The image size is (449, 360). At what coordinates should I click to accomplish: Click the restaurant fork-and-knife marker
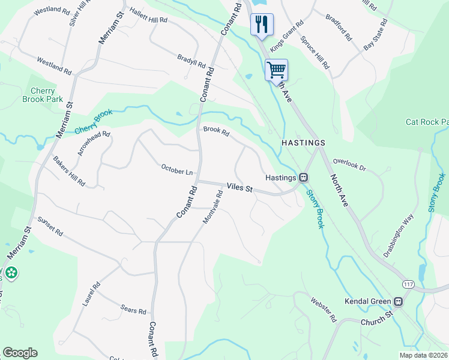click(x=261, y=25)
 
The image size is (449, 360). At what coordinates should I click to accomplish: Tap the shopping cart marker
click(x=276, y=70)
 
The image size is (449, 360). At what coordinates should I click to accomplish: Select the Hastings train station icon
click(x=304, y=178)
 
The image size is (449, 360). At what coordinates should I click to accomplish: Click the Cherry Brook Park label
click(x=38, y=95)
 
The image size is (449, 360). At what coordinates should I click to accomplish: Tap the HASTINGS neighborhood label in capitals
click(x=303, y=143)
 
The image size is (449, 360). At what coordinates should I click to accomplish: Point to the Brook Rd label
click(x=216, y=130)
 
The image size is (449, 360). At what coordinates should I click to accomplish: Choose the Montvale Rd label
click(x=212, y=208)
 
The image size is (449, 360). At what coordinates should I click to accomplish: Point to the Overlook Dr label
click(x=349, y=164)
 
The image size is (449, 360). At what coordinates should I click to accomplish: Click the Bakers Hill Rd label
click(x=68, y=172)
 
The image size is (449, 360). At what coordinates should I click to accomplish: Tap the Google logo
click(x=20, y=353)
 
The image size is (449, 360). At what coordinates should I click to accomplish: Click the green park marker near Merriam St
click(x=11, y=273)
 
